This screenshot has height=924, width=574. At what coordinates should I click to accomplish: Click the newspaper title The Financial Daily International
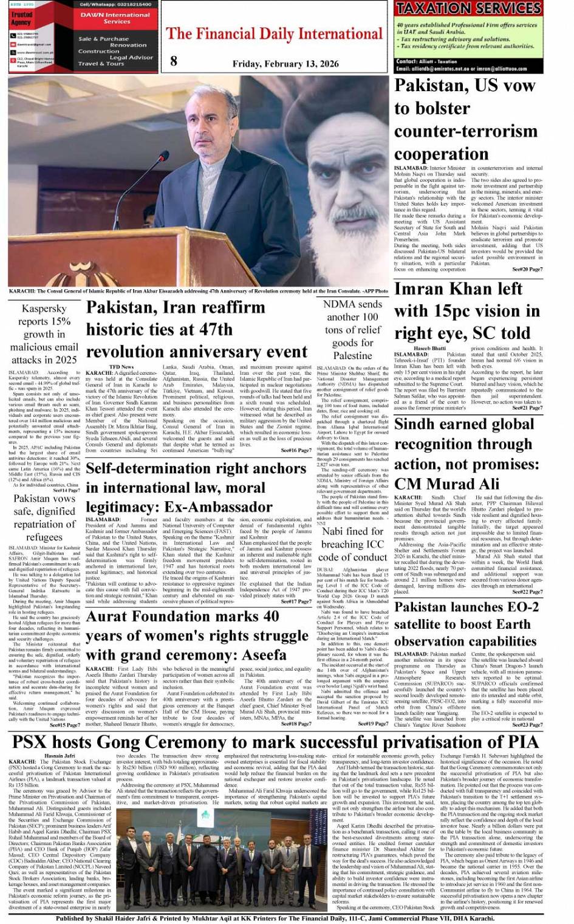274,34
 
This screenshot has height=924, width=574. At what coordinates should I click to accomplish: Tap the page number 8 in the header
174,60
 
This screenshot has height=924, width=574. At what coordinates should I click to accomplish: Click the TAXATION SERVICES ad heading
468,9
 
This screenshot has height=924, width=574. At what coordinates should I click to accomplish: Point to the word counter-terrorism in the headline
466,131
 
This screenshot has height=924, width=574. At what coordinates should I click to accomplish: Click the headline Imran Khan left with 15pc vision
466,311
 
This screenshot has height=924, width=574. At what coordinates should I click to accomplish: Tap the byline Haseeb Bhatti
434,348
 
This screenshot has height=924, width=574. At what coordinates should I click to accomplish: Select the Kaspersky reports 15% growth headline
44,334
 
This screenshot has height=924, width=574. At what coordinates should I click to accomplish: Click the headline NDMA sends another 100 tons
352,329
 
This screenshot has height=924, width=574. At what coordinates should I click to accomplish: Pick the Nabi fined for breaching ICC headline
352,544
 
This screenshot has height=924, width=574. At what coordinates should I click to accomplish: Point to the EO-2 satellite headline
466,624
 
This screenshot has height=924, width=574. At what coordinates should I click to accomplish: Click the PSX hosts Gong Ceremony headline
275,742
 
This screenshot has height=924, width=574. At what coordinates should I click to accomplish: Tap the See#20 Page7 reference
527,269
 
